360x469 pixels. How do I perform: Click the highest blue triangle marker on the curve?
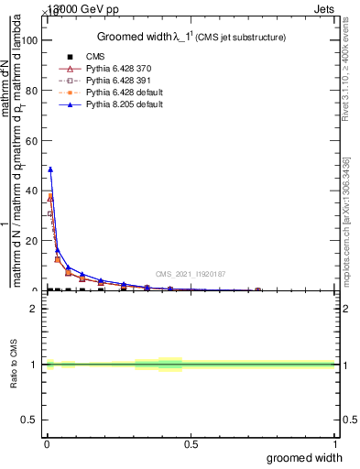point(50,169)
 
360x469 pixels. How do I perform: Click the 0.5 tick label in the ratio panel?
point(33,420)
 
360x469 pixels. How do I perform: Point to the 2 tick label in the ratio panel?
point(38,309)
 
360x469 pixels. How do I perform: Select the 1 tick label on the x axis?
point(334,444)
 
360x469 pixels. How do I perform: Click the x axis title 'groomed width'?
point(306,457)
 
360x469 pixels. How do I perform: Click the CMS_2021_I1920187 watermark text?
point(191,274)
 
